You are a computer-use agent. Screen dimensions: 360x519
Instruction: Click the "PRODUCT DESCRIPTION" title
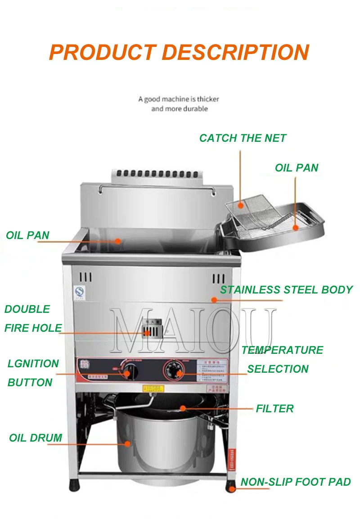click(179, 52)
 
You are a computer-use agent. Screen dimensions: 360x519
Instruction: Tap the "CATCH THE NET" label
click(243, 138)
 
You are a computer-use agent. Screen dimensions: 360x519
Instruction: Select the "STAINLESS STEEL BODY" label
click(286, 289)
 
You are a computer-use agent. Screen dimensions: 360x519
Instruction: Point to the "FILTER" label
click(274, 409)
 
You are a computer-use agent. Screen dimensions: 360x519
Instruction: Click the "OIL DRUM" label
click(36, 438)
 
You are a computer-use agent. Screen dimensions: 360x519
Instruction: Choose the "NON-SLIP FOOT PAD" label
click(296, 482)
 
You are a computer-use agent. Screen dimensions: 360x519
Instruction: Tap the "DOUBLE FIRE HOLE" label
click(33, 319)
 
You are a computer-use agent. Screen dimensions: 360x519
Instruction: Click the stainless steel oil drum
click(157, 450)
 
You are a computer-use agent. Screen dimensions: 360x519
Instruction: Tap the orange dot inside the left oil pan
click(118, 241)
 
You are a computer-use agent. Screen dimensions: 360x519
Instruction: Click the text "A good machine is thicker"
click(179, 99)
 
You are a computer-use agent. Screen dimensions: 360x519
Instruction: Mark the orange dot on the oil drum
click(127, 444)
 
